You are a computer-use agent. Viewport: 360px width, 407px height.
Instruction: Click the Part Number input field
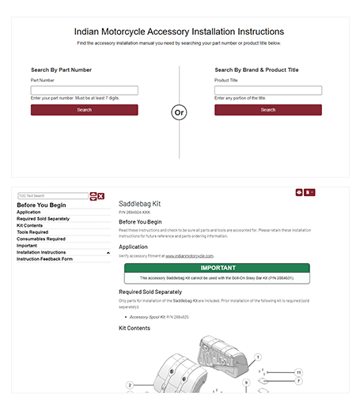tap(84, 90)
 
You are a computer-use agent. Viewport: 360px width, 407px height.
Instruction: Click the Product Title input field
tap(267, 90)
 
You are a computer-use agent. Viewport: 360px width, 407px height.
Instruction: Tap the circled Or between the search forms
tap(180, 112)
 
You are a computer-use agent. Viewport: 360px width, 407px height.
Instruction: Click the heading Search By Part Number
tap(61, 70)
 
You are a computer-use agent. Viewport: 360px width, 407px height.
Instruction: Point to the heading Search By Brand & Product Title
tap(256, 70)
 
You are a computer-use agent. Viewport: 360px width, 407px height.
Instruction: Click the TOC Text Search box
tap(52, 195)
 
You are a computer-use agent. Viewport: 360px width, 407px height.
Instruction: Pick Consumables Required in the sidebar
tap(41, 239)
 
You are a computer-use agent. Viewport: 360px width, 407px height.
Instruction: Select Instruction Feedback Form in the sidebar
tap(44, 259)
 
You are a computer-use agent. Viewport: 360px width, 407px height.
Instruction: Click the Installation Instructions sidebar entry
tap(41, 252)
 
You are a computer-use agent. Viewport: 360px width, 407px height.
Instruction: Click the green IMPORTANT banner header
tap(217, 268)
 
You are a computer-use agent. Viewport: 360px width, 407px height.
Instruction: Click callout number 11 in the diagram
tap(298, 371)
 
